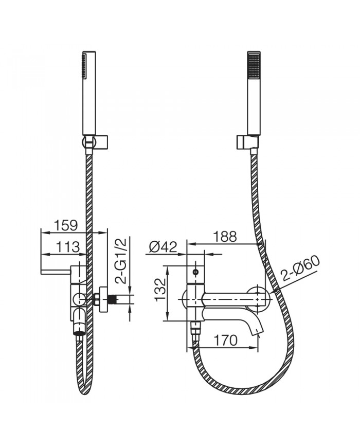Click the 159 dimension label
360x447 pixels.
65,225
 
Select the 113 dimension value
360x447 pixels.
67,246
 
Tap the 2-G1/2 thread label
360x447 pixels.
122,261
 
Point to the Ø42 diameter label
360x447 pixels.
163,247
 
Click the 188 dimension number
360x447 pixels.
225,236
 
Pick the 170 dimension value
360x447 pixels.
225,340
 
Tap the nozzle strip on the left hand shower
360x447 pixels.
83,66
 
